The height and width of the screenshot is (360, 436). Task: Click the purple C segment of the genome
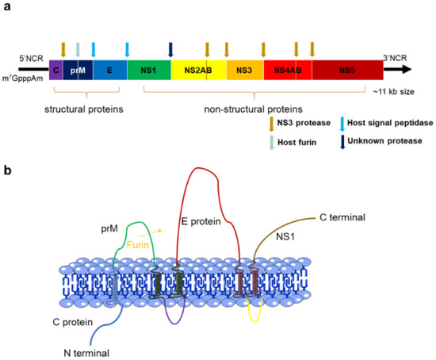click(x=55, y=71)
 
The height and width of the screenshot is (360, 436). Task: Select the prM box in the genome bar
click(x=78, y=71)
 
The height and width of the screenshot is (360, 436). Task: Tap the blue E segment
click(x=109, y=71)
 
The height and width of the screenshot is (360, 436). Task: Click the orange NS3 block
click(x=245, y=71)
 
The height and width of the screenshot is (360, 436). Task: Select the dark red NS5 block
click(x=347, y=71)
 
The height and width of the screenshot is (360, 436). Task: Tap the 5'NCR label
click(x=32, y=58)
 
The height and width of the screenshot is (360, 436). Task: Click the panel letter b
click(x=9, y=170)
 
